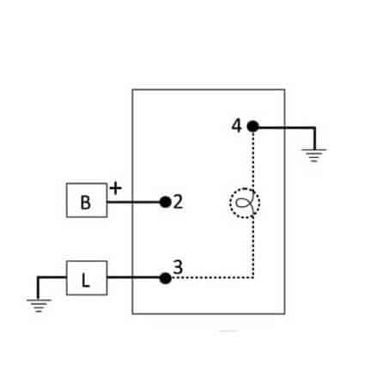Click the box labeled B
(87, 200)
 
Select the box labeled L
(87, 277)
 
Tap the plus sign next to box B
(116, 188)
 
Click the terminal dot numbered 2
(166, 202)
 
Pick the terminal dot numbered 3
(165, 278)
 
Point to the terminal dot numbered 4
(252, 126)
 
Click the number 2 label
(178, 202)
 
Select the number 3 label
(178, 267)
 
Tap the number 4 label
(237, 125)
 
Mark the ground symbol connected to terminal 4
(314, 155)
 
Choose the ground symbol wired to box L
(39, 306)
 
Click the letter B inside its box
(86, 203)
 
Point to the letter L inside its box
(86, 280)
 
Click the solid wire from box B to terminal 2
(134, 202)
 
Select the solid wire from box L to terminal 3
(134, 277)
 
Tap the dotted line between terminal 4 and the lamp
(253, 161)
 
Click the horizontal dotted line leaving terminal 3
(212, 277)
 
